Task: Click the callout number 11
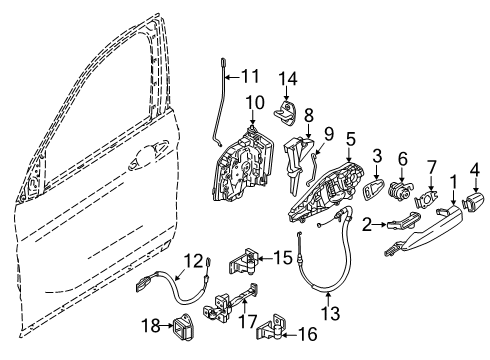(x=249, y=73)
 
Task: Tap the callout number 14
(x=288, y=79)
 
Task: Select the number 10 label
(x=252, y=101)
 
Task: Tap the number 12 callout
(x=192, y=261)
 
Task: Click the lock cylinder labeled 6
(x=404, y=192)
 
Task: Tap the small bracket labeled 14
(x=288, y=108)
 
